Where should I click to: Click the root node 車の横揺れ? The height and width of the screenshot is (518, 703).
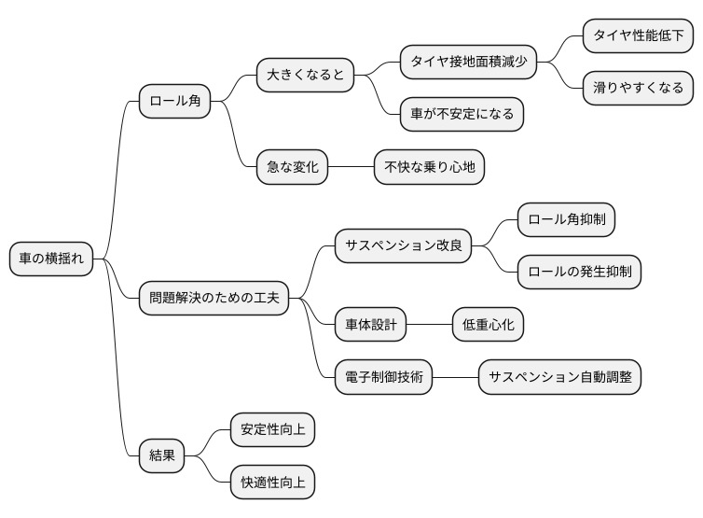tap(52, 259)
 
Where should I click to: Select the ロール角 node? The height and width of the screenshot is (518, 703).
tap(174, 102)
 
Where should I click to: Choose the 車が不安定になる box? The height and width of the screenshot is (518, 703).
tap(462, 114)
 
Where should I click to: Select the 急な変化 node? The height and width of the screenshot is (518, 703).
tap(292, 168)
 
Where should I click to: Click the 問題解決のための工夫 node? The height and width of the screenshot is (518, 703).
tap(214, 300)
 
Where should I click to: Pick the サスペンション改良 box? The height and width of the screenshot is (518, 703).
tap(403, 246)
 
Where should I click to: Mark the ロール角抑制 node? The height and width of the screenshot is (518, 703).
tap(566, 219)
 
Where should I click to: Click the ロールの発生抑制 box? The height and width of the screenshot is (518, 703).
tap(579, 273)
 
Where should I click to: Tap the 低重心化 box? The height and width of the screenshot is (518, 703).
tap(488, 325)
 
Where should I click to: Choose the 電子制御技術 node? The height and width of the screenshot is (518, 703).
tap(383, 378)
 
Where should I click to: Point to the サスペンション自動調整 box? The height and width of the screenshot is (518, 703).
tap(560, 378)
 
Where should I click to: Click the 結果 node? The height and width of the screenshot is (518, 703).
tap(161, 456)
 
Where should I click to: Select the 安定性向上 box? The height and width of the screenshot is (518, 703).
tap(272, 430)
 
